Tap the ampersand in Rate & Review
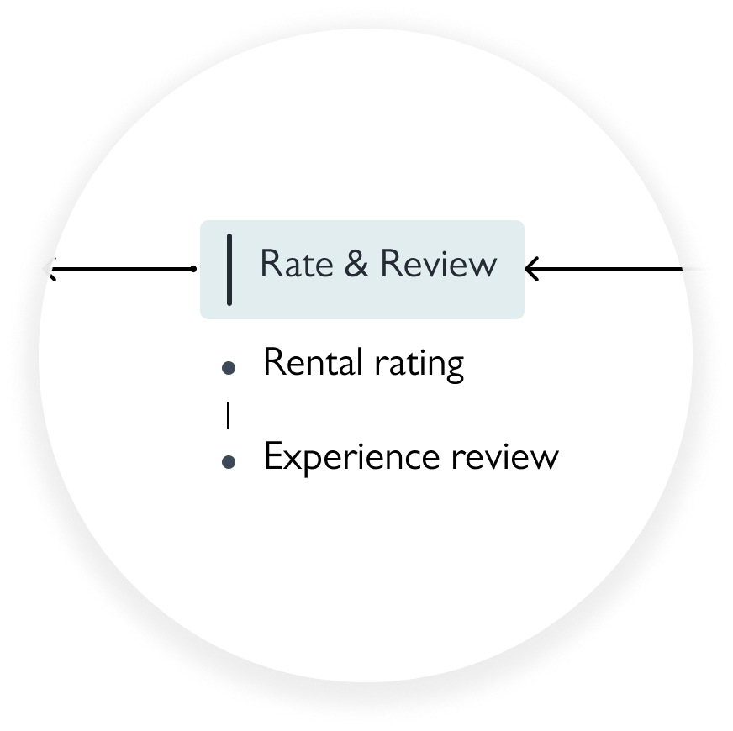tap(356, 264)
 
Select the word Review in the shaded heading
tap(438, 264)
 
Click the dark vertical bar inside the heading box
tap(229, 270)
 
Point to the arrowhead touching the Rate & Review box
tap(530, 269)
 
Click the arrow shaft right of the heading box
tap(614, 269)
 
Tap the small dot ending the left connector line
tap(193, 269)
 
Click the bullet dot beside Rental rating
tap(228, 367)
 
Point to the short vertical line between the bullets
tap(228, 414)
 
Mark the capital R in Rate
tap(270, 264)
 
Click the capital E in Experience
tap(272, 457)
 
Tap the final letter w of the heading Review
tap(485, 266)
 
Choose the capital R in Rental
tap(273, 363)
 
